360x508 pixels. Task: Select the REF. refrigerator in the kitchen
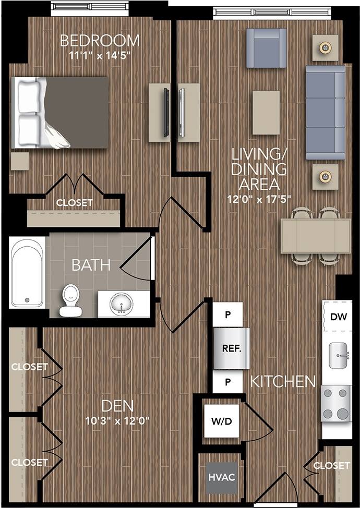pos(231,349)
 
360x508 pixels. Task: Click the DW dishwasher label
pos(338,317)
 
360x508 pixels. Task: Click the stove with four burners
pos(335,404)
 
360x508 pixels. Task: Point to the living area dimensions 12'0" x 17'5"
pos(259,198)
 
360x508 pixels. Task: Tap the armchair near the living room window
pos(266,47)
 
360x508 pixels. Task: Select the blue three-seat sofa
pos(326,112)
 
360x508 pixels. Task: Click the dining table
pos(316,236)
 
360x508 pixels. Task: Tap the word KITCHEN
pos(283,381)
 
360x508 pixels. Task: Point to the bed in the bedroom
pos(62,113)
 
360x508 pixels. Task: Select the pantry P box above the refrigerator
pos(227,315)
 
